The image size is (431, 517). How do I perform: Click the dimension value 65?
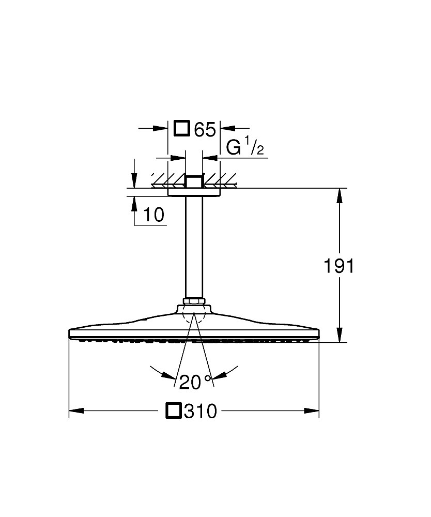205,129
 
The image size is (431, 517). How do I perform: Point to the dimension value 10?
154,215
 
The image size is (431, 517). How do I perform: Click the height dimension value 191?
339,266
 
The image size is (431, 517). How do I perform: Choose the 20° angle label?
195,382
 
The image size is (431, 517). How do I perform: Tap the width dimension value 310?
201,411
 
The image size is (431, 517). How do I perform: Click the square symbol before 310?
174,411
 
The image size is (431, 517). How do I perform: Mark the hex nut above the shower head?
194,301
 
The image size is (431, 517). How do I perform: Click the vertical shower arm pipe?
194,247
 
